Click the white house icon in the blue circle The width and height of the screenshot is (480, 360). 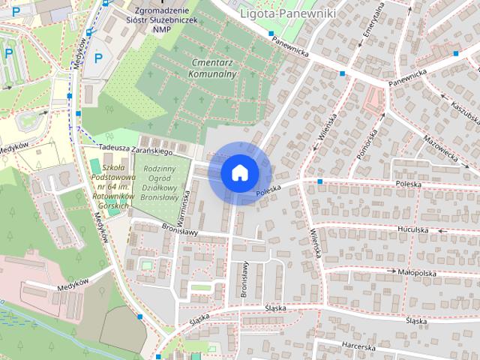[239, 172]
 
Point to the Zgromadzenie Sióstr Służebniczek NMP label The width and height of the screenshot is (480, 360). [163, 19]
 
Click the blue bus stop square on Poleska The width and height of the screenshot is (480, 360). [320, 181]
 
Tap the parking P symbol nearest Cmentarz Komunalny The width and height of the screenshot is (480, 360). [98, 58]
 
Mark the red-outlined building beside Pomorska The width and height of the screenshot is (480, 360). [371, 100]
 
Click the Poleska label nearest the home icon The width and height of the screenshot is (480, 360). [267, 193]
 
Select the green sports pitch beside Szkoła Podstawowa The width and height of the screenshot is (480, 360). [94, 164]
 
